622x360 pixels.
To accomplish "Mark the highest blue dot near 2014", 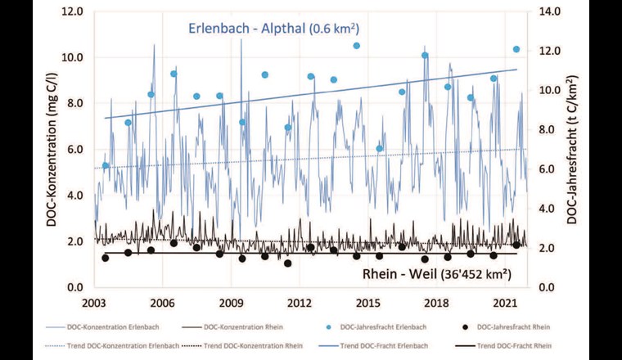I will (x=356, y=46).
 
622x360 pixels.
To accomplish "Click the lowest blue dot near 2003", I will (x=105, y=166).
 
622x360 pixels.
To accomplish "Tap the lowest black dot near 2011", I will (x=287, y=263).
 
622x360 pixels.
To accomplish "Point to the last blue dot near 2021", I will (x=516, y=49).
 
